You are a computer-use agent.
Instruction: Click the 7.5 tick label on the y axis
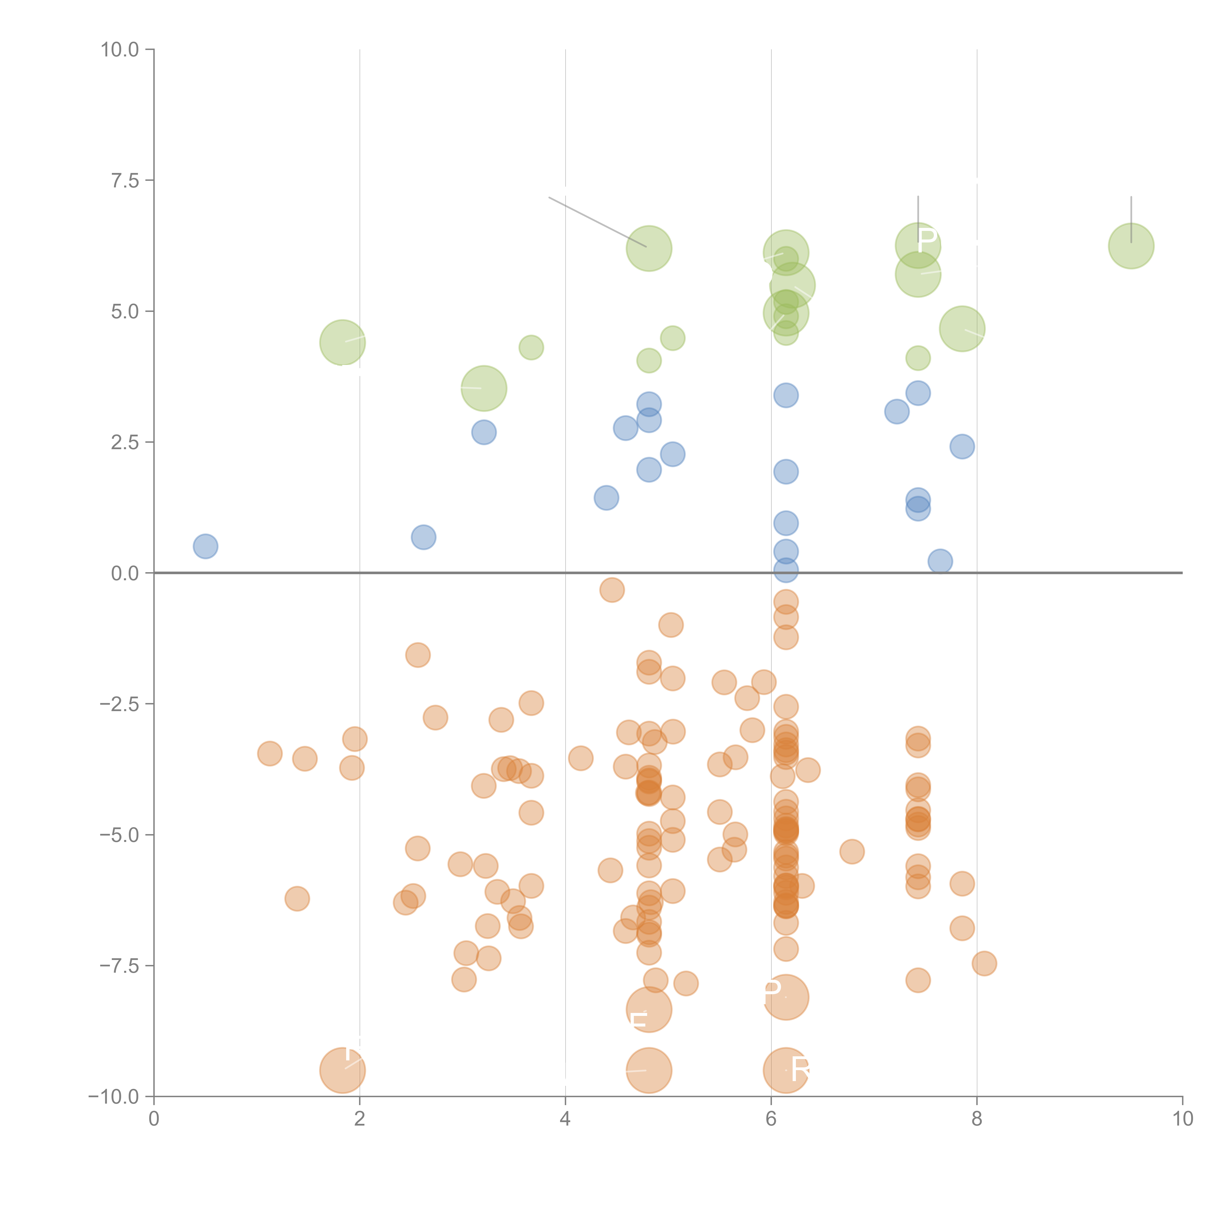pyautogui.click(x=125, y=180)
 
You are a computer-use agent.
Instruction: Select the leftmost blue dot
pyautogui.click(x=205, y=547)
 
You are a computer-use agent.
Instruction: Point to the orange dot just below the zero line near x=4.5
pyautogui.click(x=612, y=590)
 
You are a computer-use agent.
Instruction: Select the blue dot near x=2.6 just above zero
pyautogui.click(x=423, y=538)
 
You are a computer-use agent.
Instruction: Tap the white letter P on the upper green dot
pyautogui.click(x=926, y=240)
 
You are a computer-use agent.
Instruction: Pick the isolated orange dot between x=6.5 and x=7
pyautogui.click(x=852, y=851)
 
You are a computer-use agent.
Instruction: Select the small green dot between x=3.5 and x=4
pyautogui.click(x=531, y=347)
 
